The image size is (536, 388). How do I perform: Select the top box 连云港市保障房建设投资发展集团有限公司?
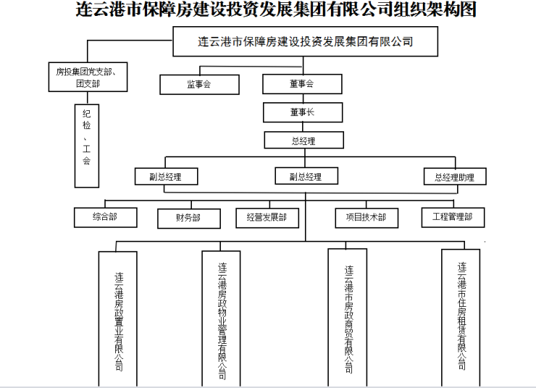(305, 41)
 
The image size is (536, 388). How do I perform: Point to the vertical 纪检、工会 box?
(86, 145)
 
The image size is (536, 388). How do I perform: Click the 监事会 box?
(199, 85)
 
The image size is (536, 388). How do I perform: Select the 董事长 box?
(301, 112)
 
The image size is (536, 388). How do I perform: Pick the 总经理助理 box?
(454, 177)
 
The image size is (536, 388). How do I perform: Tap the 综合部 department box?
(105, 217)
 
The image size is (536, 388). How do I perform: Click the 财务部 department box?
(188, 218)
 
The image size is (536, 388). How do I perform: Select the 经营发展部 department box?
(267, 218)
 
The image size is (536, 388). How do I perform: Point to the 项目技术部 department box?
(366, 218)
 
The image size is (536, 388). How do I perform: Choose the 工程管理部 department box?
(453, 217)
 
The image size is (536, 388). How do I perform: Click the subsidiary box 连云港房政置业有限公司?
(118, 319)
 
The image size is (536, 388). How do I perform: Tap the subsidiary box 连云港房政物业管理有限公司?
(221, 319)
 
